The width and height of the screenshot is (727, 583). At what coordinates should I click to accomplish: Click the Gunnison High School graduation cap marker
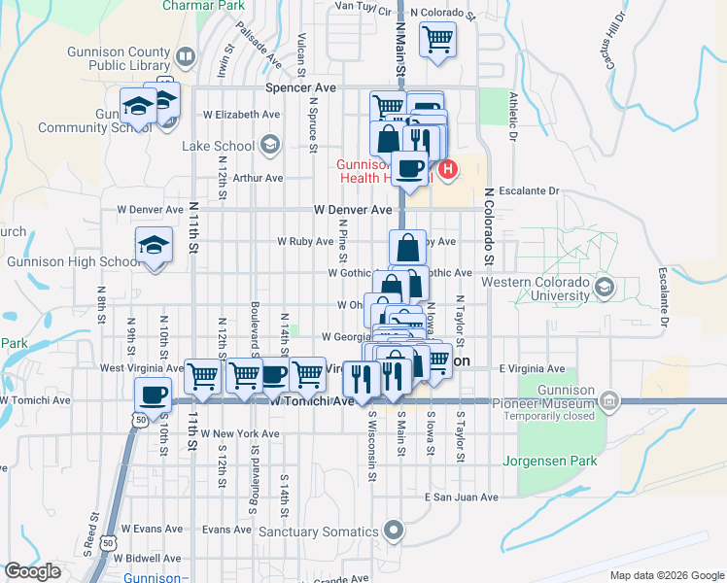click(x=155, y=244)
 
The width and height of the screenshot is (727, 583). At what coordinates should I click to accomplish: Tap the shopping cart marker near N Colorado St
click(x=437, y=41)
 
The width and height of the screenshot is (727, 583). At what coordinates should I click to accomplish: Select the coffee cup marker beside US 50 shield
click(x=153, y=393)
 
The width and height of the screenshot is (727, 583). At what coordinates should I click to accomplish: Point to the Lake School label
click(x=219, y=146)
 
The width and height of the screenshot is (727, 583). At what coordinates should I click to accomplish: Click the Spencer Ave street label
click(x=300, y=87)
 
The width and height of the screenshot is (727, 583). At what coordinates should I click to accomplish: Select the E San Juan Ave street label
click(x=461, y=497)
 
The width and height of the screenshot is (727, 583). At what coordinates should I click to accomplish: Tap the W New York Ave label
click(x=217, y=433)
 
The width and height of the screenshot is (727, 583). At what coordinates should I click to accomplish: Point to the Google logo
click(x=33, y=571)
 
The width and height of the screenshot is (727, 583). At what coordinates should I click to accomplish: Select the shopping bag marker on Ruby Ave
click(x=407, y=247)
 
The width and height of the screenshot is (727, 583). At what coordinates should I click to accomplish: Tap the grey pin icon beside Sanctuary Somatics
click(x=393, y=531)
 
